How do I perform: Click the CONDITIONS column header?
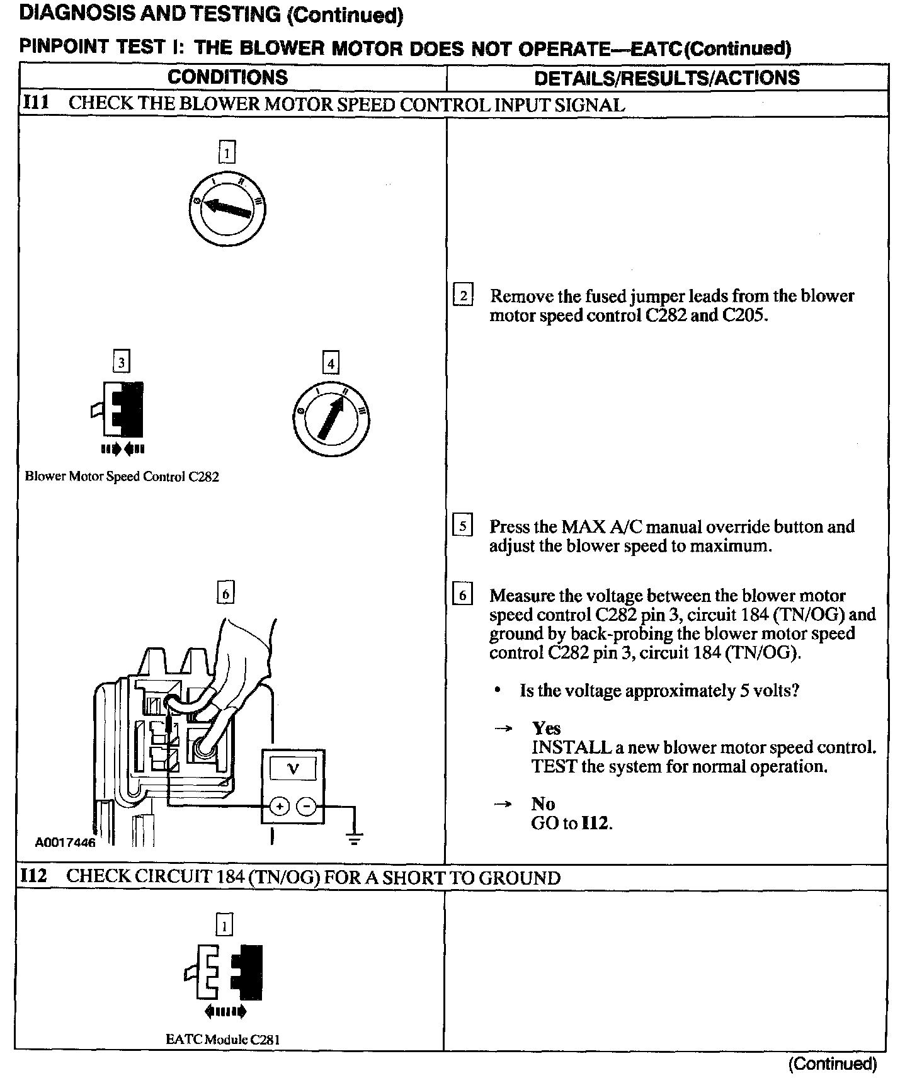click(227, 77)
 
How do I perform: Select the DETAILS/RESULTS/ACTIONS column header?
click(666, 78)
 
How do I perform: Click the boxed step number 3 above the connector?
click(120, 362)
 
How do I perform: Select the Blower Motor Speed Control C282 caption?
click(122, 477)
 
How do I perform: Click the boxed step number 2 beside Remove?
click(463, 295)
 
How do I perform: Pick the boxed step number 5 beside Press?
click(463, 526)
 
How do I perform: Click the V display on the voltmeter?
click(293, 769)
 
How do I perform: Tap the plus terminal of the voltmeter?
click(280, 807)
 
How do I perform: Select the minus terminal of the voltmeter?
click(307, 807)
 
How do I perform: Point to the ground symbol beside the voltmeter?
click(355, 837)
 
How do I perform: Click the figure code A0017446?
click(65, 842)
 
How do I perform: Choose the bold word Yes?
click(546, 729)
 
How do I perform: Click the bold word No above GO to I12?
click(543, 804)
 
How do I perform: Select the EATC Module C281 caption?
click(222, 1040)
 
